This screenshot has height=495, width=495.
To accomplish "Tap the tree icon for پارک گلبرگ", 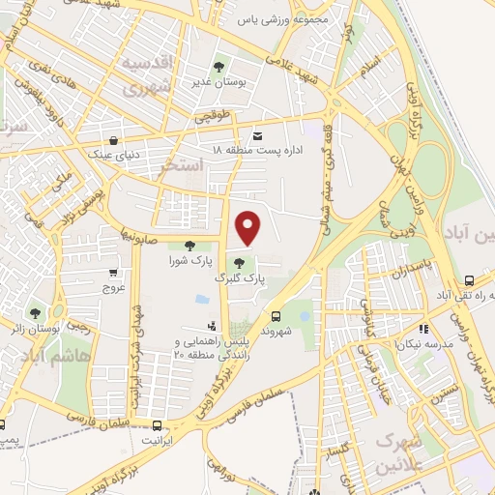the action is click(x=239, y=262).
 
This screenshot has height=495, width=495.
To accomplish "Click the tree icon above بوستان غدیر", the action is click(x=218, y=68).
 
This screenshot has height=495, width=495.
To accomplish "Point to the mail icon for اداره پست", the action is click(x=256, y=136).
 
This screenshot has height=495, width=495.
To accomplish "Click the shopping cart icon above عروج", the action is click(x=114, y=273).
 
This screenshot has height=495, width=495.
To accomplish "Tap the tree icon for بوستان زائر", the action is click(x=35, y=312).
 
